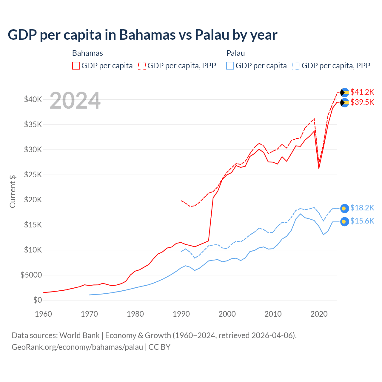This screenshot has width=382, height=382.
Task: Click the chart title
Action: [x=143, y=35]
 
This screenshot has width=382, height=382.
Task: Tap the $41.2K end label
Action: [x=362, y=92]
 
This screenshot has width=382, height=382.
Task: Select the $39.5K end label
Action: [x=362, y=102]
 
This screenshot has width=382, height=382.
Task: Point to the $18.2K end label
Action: [x=362, y=208]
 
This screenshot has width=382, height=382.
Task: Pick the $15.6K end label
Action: [x=362, y=221]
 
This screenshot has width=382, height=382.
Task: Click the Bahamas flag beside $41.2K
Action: [x=345, y=93]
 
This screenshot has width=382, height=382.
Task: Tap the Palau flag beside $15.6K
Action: [x=345, y=221]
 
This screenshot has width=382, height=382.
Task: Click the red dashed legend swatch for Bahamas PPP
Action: [x=142, y=66]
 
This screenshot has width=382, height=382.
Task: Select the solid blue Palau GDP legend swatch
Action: [x=230, y=66]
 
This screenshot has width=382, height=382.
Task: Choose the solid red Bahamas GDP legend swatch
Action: [x=76, y=66]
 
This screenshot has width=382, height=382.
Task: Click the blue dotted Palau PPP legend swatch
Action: [x=296, y=66]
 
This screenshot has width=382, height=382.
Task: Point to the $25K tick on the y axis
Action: [x=33, y=175]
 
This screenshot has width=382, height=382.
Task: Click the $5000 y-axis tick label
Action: [x=31, y=275]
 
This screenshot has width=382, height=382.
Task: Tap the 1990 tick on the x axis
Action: [x=181, y=314]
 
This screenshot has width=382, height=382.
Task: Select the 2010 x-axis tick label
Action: [x=273, y=314]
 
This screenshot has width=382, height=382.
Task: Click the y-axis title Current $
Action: [x=13, y=192]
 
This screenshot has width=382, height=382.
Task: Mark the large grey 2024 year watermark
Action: [x=75, y=101]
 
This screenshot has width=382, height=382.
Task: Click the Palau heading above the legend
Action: [x=235, y=53]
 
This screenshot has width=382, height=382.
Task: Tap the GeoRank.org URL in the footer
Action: [x=77, y=347]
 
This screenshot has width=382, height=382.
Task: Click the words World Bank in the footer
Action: [x=79, y=335]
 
